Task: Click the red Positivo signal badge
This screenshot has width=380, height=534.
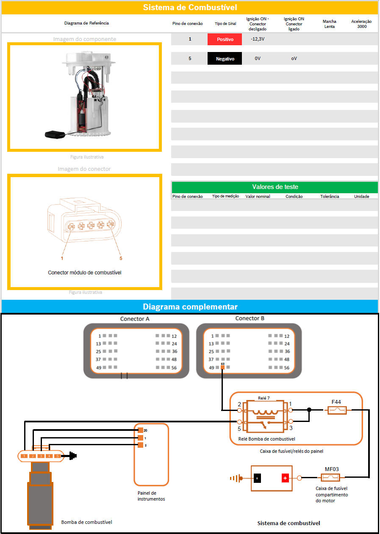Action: point(225,39)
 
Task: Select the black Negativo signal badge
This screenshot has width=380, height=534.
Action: point(225,59)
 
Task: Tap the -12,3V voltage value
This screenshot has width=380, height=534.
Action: point(258,39)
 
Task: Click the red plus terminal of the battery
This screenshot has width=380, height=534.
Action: point(285,478)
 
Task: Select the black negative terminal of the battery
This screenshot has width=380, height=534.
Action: point(257,478)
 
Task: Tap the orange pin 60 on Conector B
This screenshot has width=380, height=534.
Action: point(222,367)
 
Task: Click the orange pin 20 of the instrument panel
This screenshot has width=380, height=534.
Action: point(140,430)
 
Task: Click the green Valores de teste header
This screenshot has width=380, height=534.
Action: point(275,187)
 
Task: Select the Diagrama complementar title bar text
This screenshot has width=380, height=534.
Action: point(190,307)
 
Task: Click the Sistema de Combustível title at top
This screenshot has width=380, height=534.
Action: point(190,8)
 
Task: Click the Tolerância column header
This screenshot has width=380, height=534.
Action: point(330,197)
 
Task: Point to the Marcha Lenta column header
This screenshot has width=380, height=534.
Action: point(329,24)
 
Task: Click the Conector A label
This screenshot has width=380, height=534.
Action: point(135,319)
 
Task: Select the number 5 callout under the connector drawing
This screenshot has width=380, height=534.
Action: point(121,258)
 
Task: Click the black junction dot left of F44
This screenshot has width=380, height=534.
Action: point(309,410)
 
